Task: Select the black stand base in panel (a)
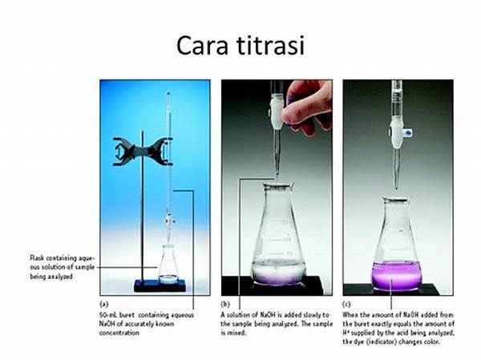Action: pyautogui.click(x=160, y=285)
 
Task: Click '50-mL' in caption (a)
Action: pyautogui.click(x=110, y=314)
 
